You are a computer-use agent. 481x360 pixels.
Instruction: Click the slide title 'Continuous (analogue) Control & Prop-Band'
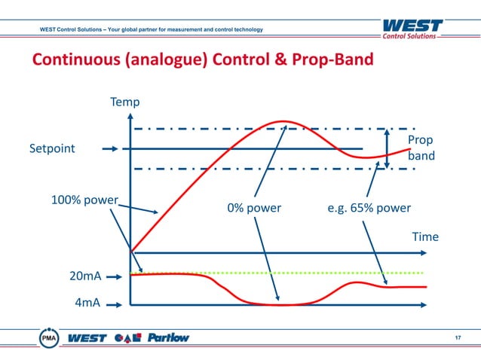[x=201, y=59]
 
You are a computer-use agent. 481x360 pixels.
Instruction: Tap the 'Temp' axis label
[x=125, y=102]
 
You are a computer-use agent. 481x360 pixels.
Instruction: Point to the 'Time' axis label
[x=424, y=236]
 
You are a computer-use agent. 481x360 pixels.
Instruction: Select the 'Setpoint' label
[x=52, y=148]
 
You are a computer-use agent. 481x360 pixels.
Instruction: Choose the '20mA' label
[x=85, y=276]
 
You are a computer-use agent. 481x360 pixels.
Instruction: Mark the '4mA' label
[x=88, y=304]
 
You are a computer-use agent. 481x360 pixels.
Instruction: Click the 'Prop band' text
[x=420, y=148]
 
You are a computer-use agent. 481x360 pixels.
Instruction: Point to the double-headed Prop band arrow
[x=387, y=148]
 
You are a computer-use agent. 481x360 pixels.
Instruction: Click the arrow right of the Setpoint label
[x=110, y=149]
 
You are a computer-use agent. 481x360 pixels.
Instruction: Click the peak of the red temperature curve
[x=284, y=121]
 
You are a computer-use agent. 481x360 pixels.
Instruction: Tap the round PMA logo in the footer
[x=49, y=338]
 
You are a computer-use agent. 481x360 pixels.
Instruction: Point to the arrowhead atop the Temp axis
[x=131, y=117]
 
